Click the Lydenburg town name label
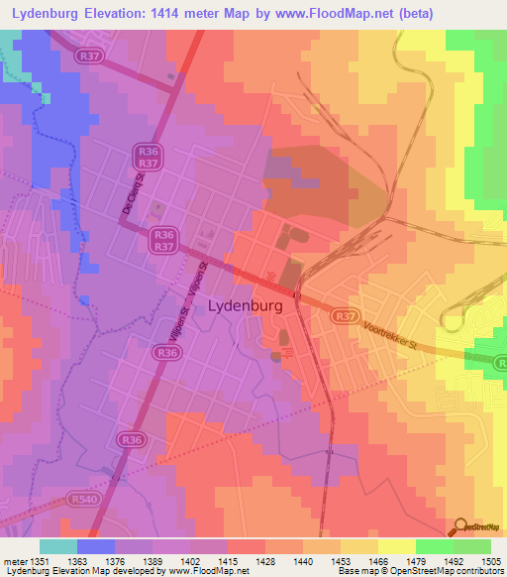pyautogui.click(x=246, y=307)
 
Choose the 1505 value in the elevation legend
pyautogui.click(x=490, y=560)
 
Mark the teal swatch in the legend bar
pyautogui.click(x=58, y=545)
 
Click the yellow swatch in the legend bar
pyautogui.click(x=396, y=545)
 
